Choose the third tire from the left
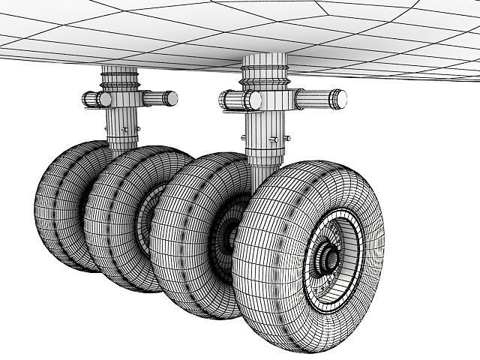[x=187, y=232]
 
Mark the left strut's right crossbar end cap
[x=172, y=97]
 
